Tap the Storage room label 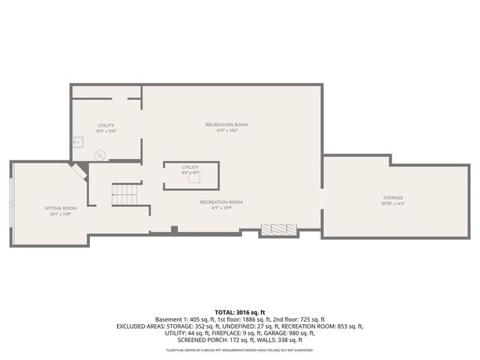(x=393, y=197)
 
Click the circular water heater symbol (x=100, y=154)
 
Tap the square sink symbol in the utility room (x=76, y=140)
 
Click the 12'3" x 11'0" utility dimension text (x=106, y=131)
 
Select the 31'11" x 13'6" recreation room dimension (x=226, y=130)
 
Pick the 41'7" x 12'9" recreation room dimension (x=221, y=208)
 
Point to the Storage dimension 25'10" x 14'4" (x=393, y=204)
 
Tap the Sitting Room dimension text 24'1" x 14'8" (x=60, y=214)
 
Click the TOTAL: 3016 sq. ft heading (x=240, y=311)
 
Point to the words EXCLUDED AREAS (x=142, y=326)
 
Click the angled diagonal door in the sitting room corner (x=78, y=172)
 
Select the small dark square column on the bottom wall (x=174, y=229)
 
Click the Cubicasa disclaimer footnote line (x=240, y=349)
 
